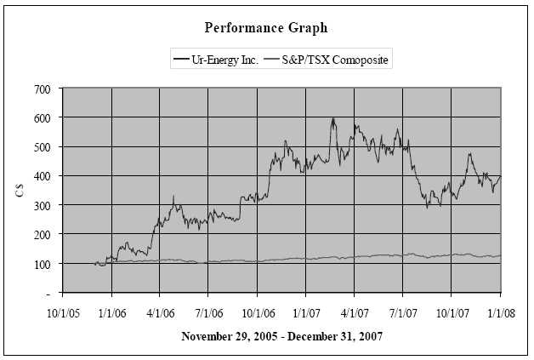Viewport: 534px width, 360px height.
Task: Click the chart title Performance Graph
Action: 266,27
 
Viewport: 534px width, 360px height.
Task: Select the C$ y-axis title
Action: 19,191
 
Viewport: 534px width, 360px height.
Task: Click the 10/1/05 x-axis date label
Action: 64,312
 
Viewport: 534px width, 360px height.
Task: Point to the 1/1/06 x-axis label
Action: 112,312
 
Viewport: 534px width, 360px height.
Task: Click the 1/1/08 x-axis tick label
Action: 500,312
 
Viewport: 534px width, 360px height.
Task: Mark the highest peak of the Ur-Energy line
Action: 333,118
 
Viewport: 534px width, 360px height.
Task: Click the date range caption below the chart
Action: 281,336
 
